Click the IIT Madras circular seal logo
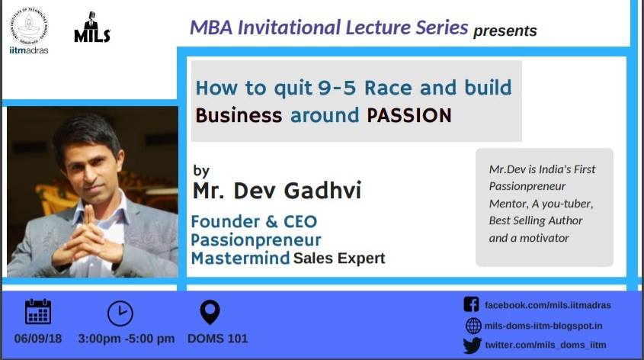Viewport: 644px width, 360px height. click(x=29, y=26)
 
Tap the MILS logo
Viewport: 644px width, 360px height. click(x=92, y=27)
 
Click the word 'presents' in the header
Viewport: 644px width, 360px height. click(x=505, y=31)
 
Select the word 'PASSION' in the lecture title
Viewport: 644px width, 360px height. click(x=409, y=115)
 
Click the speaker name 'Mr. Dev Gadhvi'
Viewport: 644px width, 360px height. click(x=277, y=190)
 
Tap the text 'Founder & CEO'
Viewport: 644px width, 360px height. click(x=255, y=222)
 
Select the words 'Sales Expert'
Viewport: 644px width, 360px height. click(x=339, y=259)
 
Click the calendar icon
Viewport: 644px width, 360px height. click(x=38, y=312)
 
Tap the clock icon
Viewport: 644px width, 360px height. click(x=120, y=313)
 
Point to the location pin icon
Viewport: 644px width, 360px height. click(x=210, y=312)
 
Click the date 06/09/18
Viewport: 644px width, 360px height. click(x=38, y=339)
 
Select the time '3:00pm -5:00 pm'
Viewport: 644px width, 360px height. click(x=127, y=339)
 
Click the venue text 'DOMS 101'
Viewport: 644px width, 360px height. click(x=218, y=339)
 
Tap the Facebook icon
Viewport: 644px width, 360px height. click(x=472, y=304)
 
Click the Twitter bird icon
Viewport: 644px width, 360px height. click(x=473, y=346)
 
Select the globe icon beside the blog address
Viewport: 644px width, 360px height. click(x=473, y=326)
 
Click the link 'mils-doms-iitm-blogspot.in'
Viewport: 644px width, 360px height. click(x=543, y=326)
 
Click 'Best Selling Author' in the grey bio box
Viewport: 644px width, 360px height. click(x=536, y=220)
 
